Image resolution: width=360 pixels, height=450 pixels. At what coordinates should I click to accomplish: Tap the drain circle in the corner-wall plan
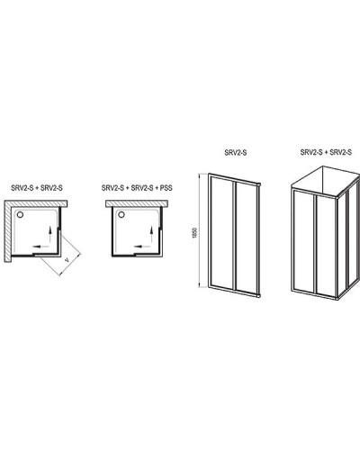click(20, 215)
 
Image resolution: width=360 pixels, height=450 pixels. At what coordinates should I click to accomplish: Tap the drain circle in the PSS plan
click(121, 215)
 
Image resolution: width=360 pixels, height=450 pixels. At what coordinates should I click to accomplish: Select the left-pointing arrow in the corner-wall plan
click(40, 247)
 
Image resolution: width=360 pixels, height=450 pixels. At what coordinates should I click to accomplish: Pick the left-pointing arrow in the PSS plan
click(142, 247)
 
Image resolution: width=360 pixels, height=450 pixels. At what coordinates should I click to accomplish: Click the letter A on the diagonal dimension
click(67, 260)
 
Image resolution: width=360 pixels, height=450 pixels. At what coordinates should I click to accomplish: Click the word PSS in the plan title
click(166, 188)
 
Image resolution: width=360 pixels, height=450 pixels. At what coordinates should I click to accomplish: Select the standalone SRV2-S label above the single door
click(236, 152)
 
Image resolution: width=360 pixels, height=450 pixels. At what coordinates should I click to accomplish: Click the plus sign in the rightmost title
click(326, 152)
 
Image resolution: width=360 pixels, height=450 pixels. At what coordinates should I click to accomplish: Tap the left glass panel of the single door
click(221, 232)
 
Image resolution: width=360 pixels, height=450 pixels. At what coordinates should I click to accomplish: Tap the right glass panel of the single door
click(246, 236)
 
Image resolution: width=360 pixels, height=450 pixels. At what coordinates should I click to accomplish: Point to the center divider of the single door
click(235, 234)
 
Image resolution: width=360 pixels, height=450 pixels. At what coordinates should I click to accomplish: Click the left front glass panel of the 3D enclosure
click(303, 241)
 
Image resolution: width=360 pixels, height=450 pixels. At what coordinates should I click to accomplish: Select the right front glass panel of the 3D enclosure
click(326, 246)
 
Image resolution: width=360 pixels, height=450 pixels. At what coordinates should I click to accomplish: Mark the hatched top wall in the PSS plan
click(137, 203)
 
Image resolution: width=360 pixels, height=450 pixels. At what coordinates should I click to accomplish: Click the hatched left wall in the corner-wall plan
click(8, 231)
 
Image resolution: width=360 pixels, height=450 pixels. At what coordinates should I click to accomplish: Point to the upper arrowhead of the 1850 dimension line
click(199, 175)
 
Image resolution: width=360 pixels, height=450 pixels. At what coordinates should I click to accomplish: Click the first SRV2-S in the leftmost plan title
click(22, 188)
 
